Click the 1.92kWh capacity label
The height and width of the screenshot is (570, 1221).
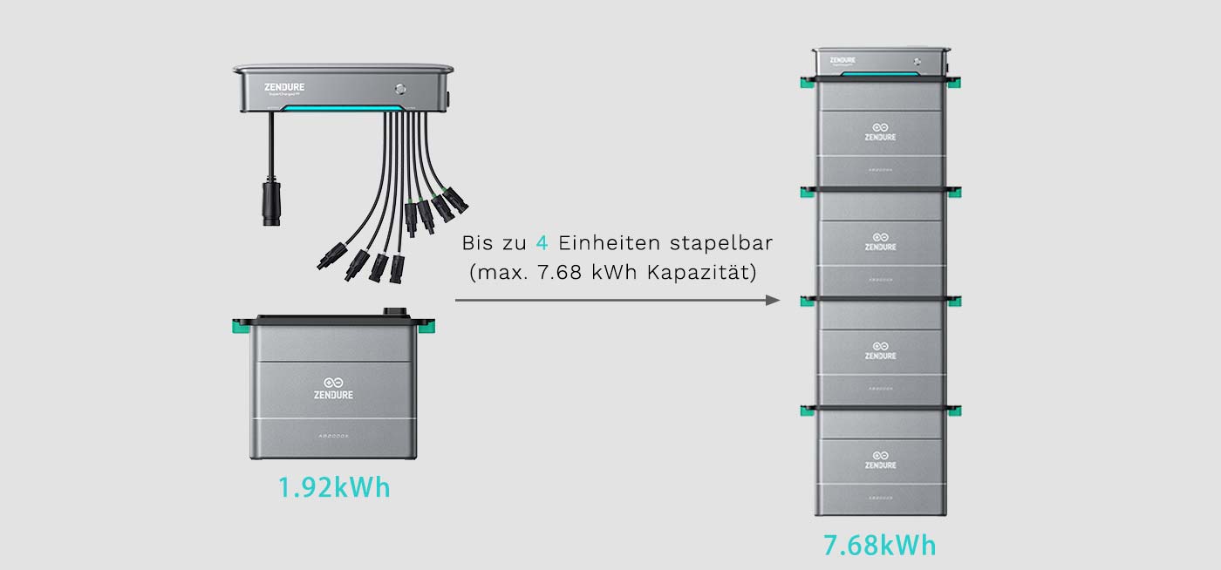coord(334,487)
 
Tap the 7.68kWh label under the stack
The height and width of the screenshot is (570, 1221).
coord(879,546)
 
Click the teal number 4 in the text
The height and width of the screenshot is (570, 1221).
coord(542,241)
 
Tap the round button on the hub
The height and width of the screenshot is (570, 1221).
coord(400,88)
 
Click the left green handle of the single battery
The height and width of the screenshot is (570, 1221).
coord(238,328)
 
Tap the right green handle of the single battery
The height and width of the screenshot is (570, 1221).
coord(427,328)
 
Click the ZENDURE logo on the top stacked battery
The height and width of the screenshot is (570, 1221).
coord(880,132)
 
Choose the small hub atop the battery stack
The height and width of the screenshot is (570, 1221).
coord(879,62)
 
